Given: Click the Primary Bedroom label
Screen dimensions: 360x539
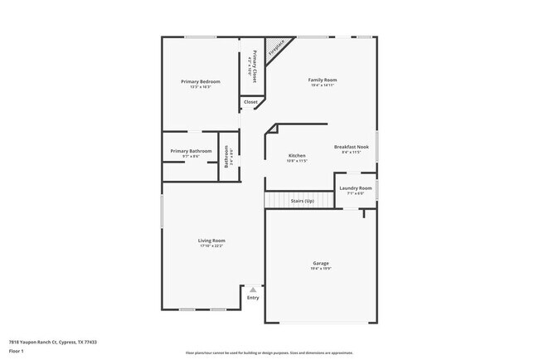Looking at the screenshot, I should pyautogui.click(x=200, y=81).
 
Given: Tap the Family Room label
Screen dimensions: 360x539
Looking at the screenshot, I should pyautogui.click(x=323, y=80).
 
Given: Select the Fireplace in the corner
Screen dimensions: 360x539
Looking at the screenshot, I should pyautogui.click(x=278, y=49).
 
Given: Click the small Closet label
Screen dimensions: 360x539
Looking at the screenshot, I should pyautogui.click(x=250, y=102).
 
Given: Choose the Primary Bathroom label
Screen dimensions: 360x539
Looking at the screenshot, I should pyautogui.click(x=191, y=151).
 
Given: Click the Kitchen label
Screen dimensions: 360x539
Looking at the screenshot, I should pyautogui.click(x=297, y=155).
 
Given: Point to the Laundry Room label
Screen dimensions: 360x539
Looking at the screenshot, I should pyautogui.click(x=356, y=188).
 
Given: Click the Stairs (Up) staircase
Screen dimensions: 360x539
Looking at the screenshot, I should pyautogui.click(x=290, y=202).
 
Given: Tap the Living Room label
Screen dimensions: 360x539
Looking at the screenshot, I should pyautogui.click(x=212, y=241).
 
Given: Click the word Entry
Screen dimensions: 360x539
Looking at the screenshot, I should pyautogui.click(x=253, y=298).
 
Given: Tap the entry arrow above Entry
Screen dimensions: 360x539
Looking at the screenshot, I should pyautogui.click(x=253, y=289).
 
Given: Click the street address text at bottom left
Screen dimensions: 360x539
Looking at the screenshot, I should pyautogui.click(x=53, y=342).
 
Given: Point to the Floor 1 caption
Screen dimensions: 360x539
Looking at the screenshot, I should pyautogui.click(x=17, y=352).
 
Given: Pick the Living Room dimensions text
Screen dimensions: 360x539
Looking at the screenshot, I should pyautogui.click(x=212, y=246).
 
